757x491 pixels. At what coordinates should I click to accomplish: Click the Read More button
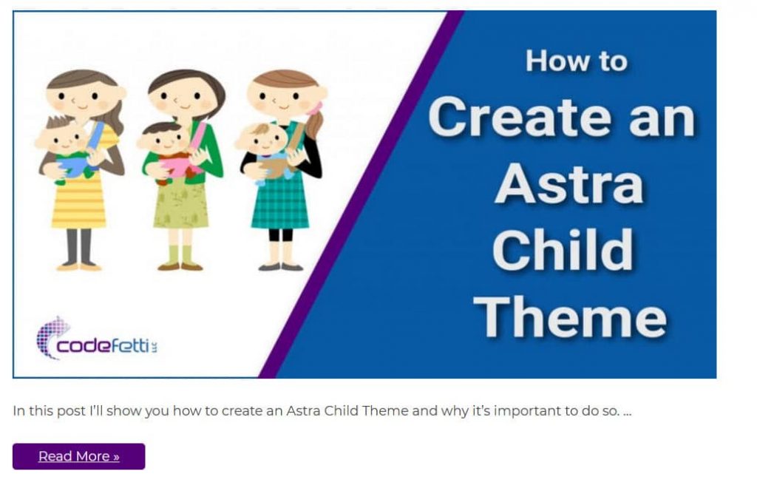[x=78, y=456]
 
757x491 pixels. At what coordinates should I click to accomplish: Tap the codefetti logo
[x=97, y=339]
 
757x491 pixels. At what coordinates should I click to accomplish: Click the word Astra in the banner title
[x=569, y=184]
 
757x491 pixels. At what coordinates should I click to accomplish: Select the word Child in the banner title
[x=563, y=250]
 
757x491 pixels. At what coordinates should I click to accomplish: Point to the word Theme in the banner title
[x=570, y=316]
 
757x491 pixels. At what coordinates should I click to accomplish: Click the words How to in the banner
[x=577, y=61]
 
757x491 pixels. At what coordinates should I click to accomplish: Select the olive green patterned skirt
[x=181, y=205]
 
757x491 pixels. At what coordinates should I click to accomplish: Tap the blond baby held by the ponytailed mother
[x=265, y=150]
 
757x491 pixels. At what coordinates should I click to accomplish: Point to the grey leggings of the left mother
[x=79, y=245]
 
